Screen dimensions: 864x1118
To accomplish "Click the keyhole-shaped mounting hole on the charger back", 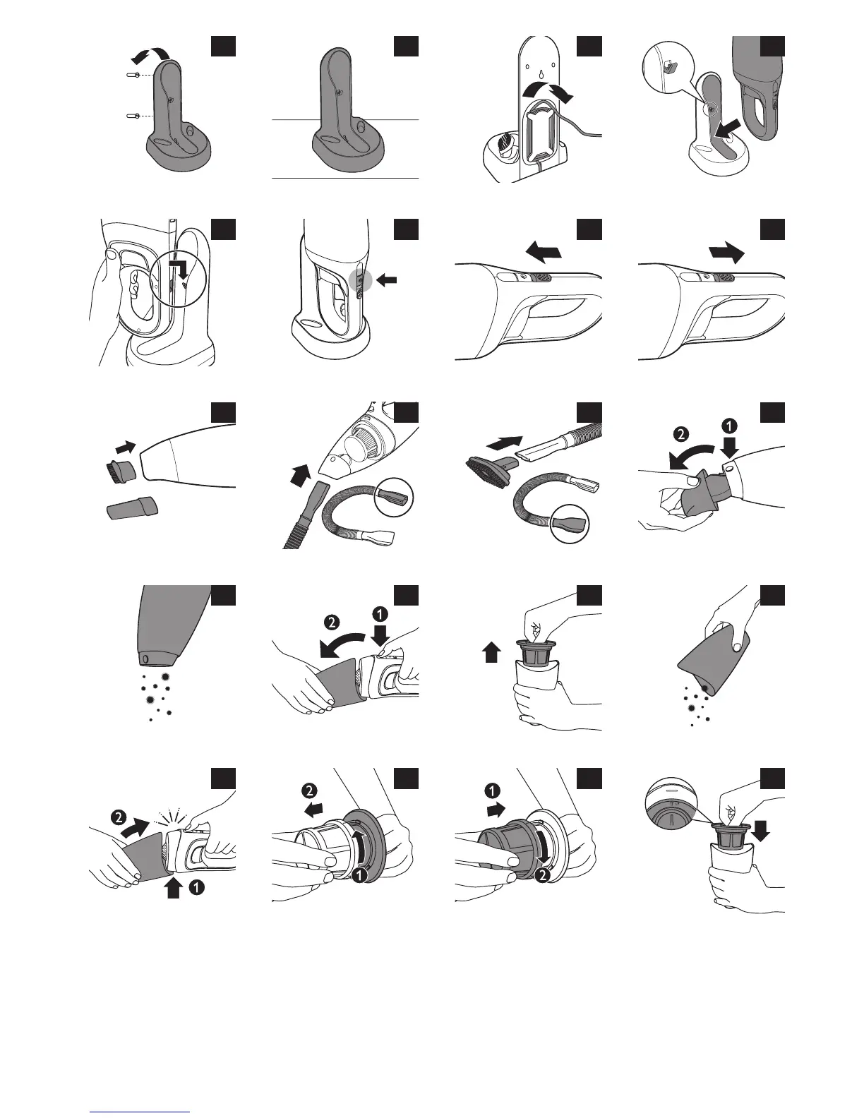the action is pos(540,74).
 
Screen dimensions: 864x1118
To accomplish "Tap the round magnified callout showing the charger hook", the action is pos(666,69).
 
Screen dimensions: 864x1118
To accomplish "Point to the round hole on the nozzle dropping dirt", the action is pos(145,659).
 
